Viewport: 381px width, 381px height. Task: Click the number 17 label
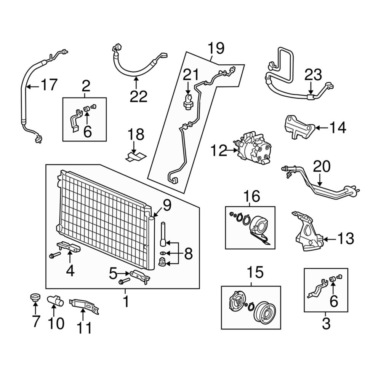tap(48, 85)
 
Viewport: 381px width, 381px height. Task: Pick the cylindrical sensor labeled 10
tap(55, 300)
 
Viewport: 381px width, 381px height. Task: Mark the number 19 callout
tap(216, 48)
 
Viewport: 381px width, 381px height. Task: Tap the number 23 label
tap(313, 75)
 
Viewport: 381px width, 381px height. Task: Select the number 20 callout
tap(322, 166)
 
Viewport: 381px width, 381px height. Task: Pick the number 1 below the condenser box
tap(125, 303)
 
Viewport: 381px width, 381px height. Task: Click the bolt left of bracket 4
tap(53, 255)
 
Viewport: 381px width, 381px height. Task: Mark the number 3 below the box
tap(326, 324)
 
